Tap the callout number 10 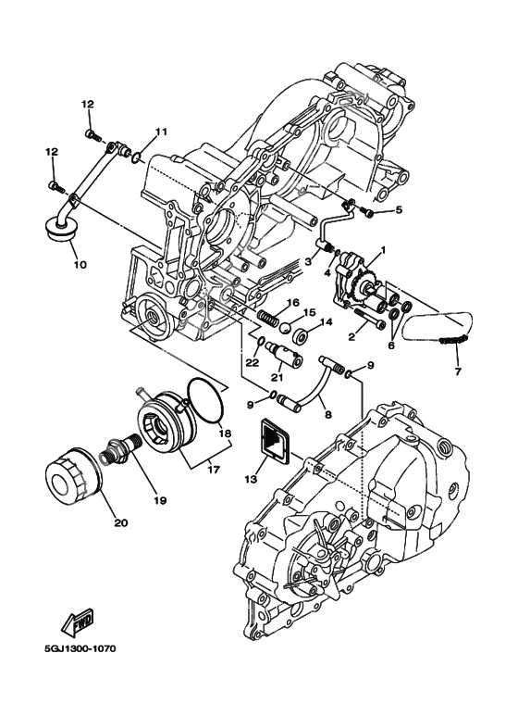79,264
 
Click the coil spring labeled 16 268,318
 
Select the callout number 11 161,132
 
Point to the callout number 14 327,323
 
